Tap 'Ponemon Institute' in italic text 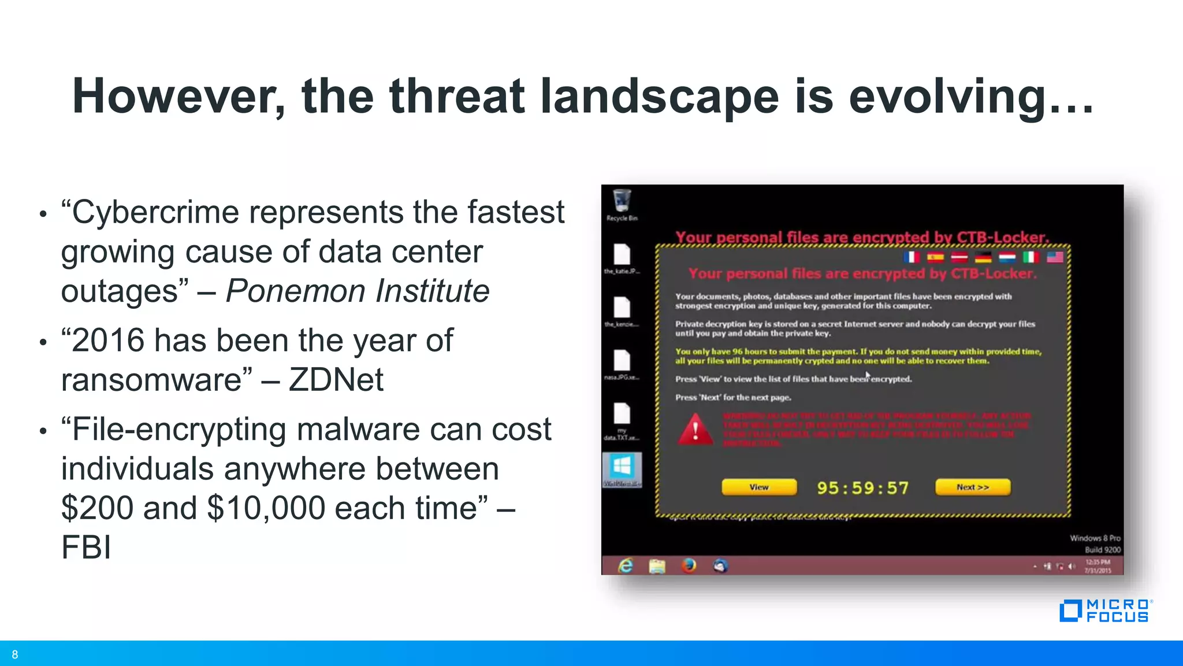tap(357, 291)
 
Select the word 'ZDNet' tap(336, 380)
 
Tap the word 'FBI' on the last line tap(85, 547)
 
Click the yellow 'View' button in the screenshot tap(759, 487)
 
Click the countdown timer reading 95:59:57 tap(862, 488)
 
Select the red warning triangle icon tap(695, 430)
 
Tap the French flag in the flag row tap(912, 257)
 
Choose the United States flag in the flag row tap(1055, 257)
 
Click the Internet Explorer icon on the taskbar tap(626, 565)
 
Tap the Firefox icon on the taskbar tap(689, 565)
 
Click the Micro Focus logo tap(1105, 611)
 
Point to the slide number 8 tap(15, 654)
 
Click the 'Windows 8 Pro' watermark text tap(1095, 538)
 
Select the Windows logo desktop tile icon tap(622, 467)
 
